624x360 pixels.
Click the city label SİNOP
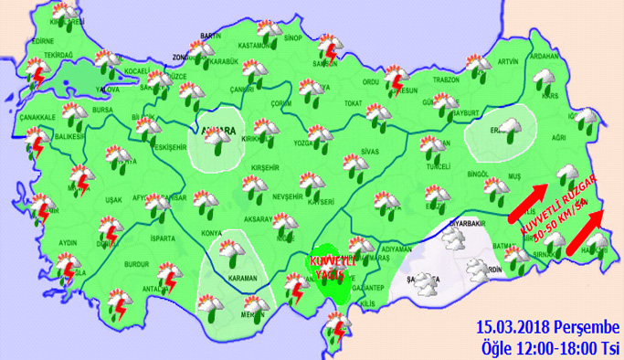(293, 38)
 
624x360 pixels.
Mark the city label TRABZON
(445, 79)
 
